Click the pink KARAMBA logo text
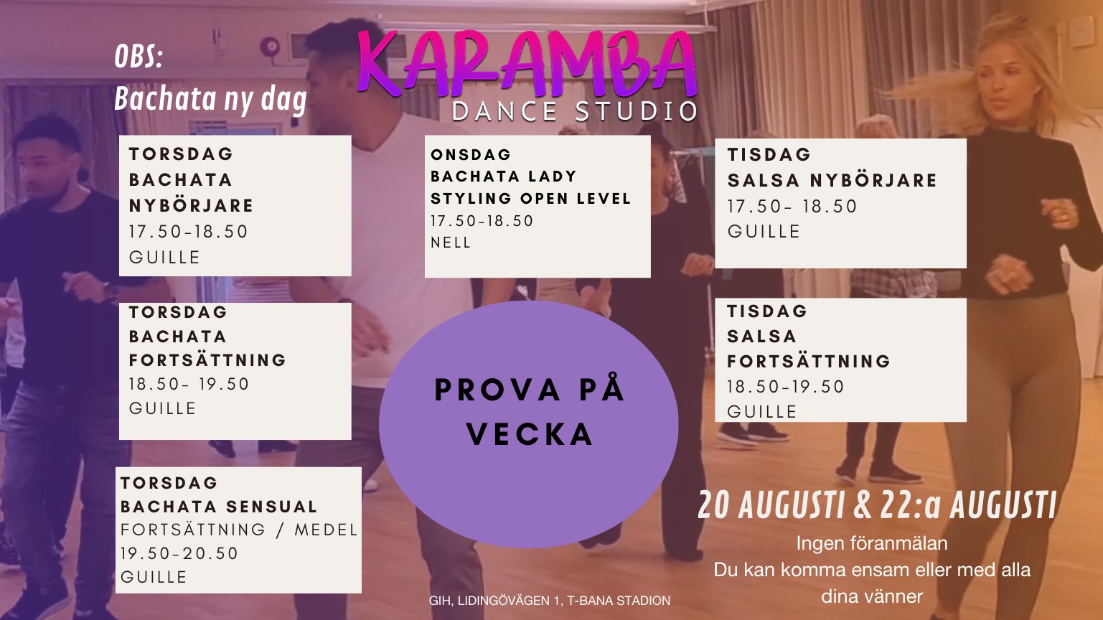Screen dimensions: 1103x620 [x=527, y=64]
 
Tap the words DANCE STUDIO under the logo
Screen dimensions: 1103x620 [x=575, y=111]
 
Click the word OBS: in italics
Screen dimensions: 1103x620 [x=139, y=57]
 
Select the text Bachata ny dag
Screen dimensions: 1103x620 [x=211, y=99]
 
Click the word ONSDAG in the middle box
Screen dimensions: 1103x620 [x=471, y=154]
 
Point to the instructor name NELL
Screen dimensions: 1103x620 [x=451, y=243]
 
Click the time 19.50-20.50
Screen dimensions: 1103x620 [x=179, y=553]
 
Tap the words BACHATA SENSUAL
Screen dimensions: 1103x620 [x=219, y=507]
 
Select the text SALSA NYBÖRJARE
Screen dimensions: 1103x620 [x=832, y=180]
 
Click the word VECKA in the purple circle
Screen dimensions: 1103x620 [x=530, y=434]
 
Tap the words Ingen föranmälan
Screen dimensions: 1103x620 [x=872, y=543]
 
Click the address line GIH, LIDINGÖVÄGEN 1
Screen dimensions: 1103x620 [x=495, y=601]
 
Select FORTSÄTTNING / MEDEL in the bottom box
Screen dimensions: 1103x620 [x=239, y=530]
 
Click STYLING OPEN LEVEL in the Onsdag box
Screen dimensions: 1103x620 [x=530, y=199]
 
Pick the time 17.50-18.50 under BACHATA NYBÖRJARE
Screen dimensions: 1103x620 [x=188, y=232]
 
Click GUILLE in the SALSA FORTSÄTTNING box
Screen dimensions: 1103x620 [x=761, y=412]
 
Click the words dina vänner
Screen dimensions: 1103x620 [x=872, y=596]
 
